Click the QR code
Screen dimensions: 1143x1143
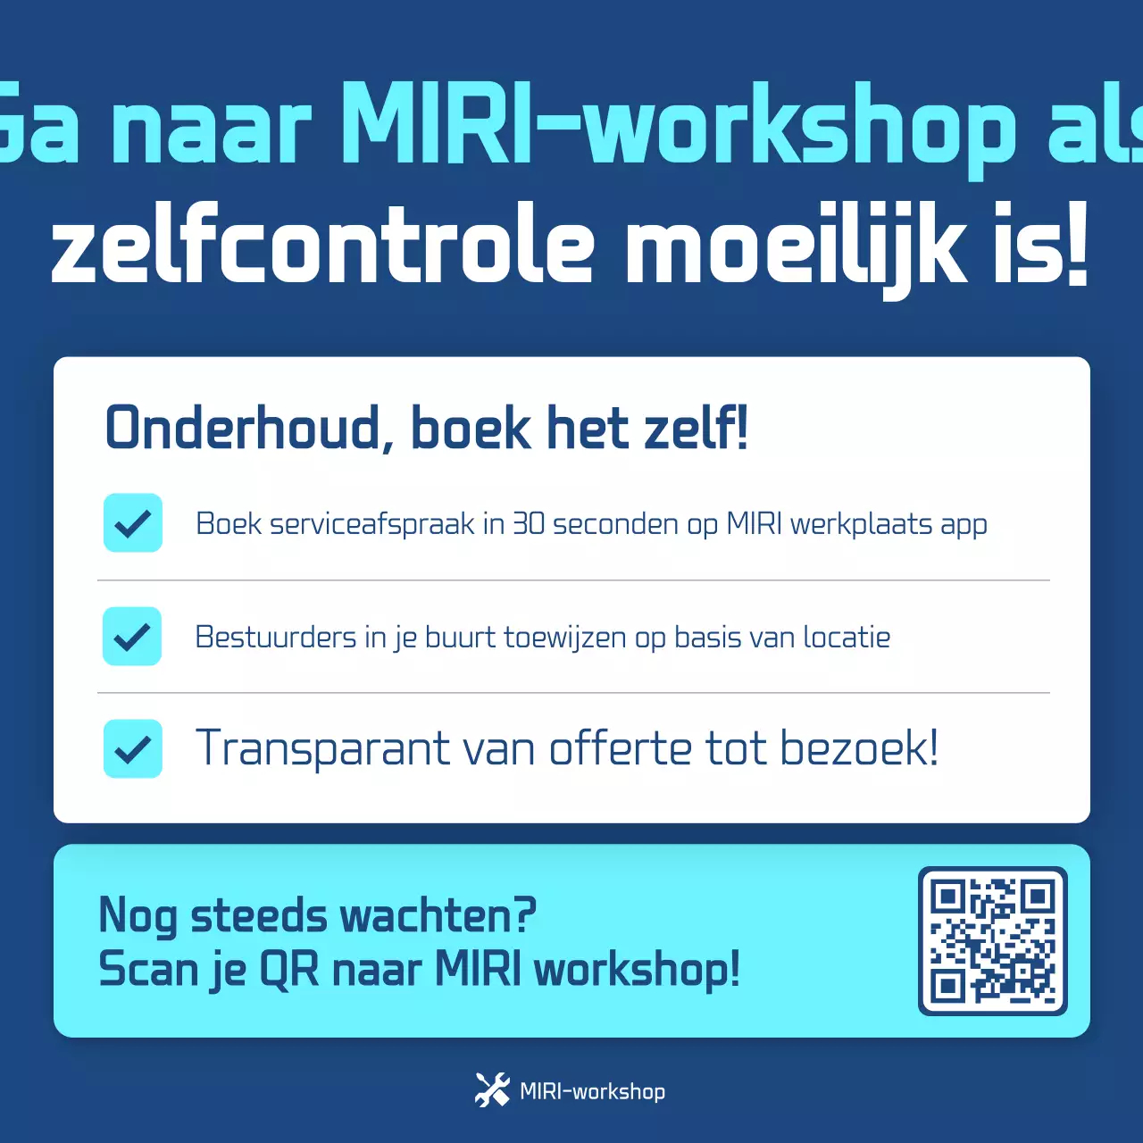click(992, 940)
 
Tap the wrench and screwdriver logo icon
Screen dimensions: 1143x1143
click(492, 1090)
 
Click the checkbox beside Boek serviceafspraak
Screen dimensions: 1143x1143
click(133, 522)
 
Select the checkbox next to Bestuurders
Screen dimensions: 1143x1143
click(132, 636)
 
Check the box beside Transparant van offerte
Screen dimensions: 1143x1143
click(133, 748)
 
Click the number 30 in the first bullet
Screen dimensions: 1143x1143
click(528, 523)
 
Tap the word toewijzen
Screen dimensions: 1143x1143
click(564, 637)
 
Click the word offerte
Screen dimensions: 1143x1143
click(620, 748)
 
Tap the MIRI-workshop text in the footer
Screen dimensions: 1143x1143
click(592, 1091)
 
